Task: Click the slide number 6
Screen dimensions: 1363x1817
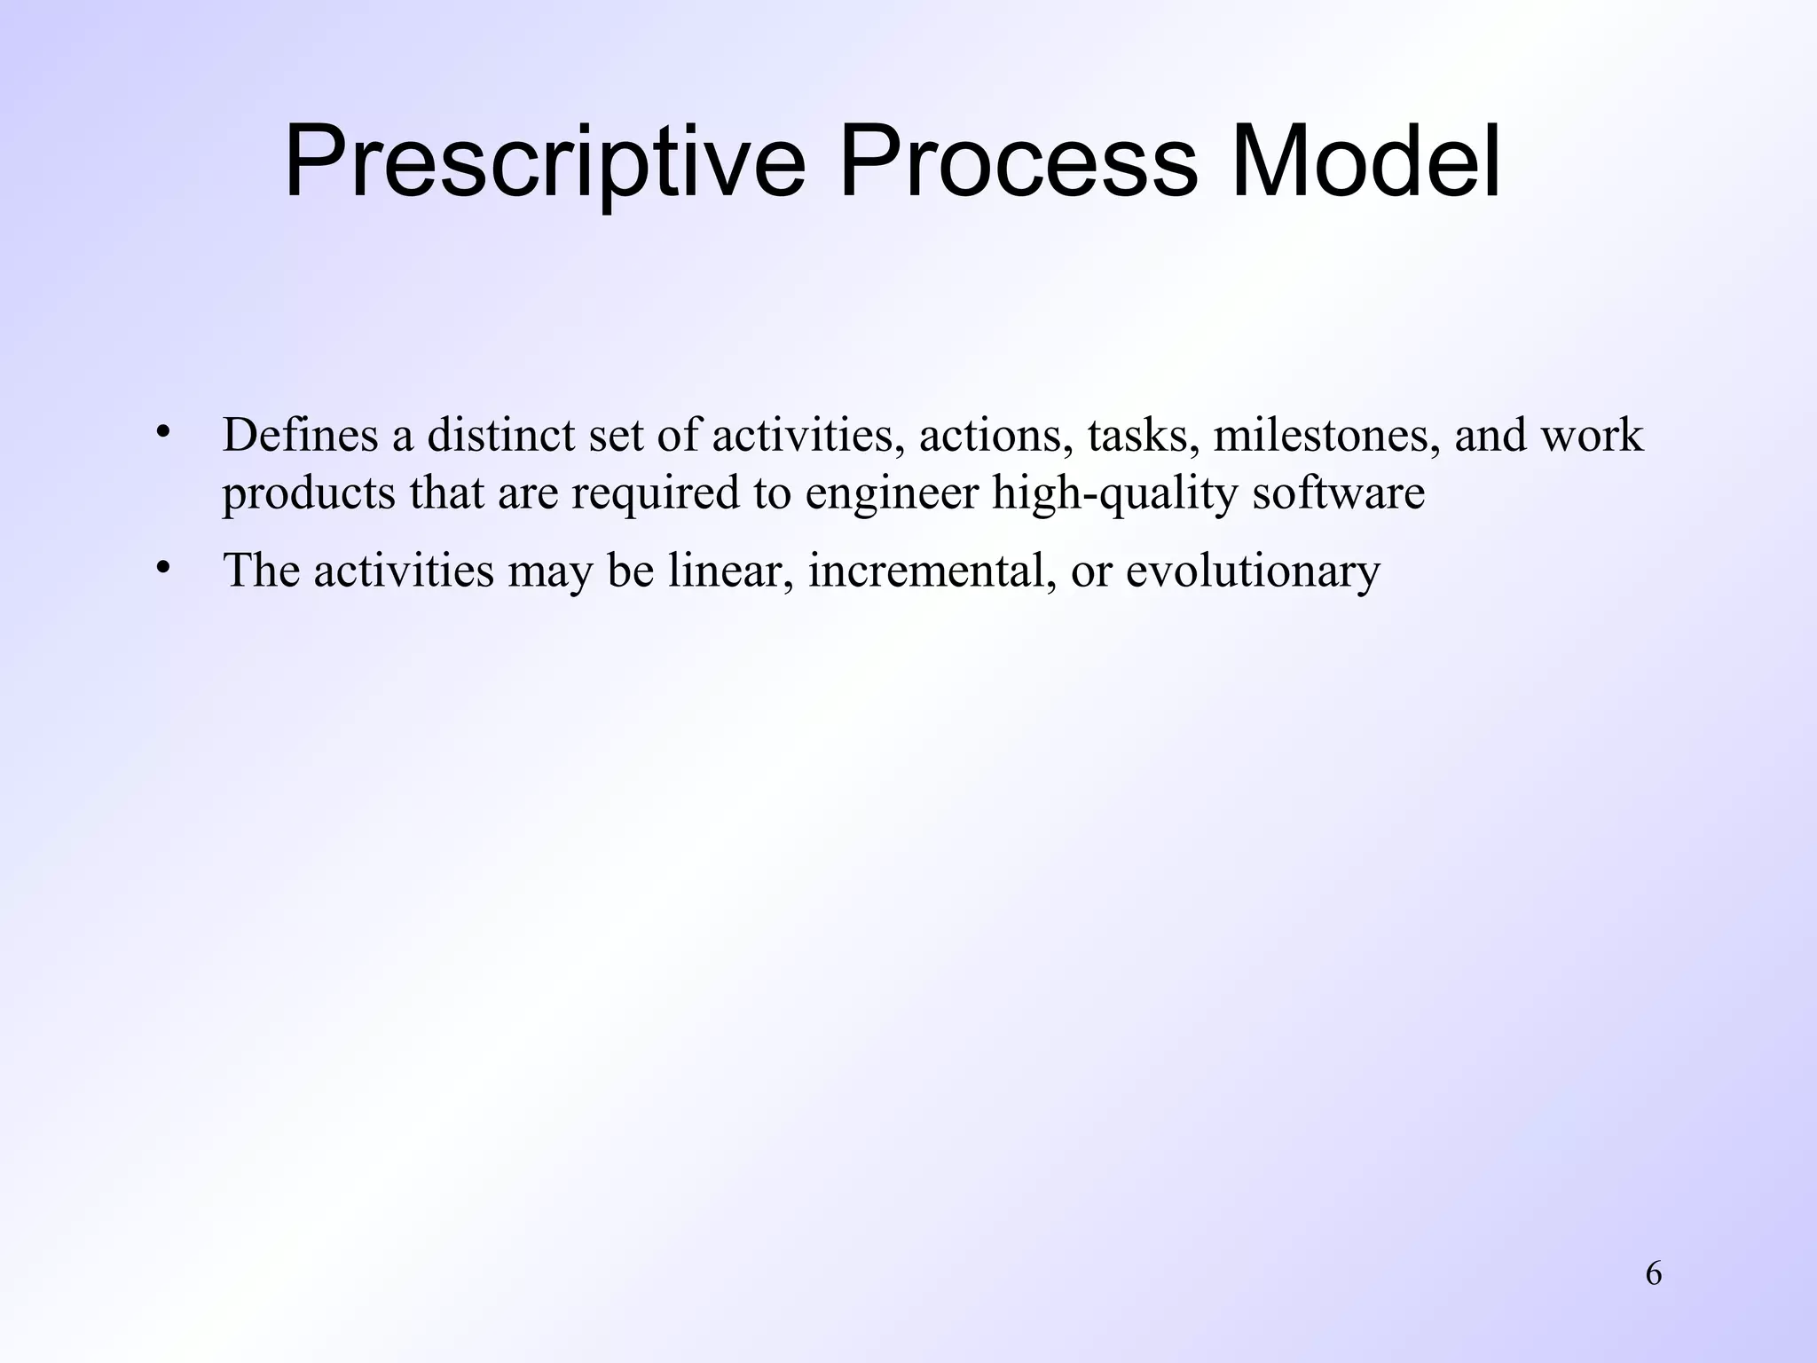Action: [x=1654, y=1274]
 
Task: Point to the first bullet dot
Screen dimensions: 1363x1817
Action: [x=161, y=432]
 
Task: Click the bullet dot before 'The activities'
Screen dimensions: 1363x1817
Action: [x=161, y=567]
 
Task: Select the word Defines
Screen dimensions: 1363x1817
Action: [x=301, y=436]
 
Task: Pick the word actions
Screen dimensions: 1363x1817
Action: [x=995, y=436]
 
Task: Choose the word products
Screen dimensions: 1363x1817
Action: [x=309, y=493]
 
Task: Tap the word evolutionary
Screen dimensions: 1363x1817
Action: [x=1254, y=571]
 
